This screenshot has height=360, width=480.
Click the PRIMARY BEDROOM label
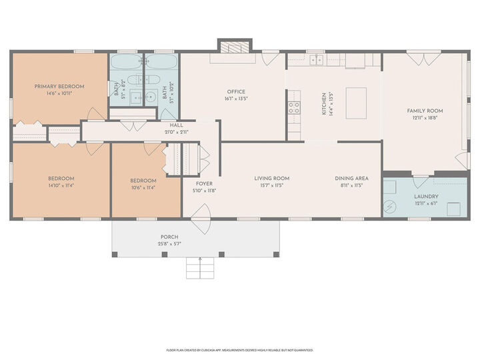(59, 87)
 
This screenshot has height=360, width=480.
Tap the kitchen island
(356, 103)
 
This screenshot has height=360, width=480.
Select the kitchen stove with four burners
(293, 107)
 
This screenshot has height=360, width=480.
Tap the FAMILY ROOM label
(425, 111)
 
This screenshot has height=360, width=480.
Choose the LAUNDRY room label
(425, 197)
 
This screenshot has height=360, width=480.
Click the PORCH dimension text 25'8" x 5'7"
(169, 244)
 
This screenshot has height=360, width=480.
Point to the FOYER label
(204, 183)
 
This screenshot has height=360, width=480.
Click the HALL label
(176, 125)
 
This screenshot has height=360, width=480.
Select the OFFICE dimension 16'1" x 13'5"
(235, 99)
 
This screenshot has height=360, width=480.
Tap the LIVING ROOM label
(271, 178)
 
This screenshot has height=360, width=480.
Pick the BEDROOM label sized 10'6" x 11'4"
(143, 181)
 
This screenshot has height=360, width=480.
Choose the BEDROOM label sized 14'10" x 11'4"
(61, 178)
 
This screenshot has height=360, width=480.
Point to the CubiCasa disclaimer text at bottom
(239, 349)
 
